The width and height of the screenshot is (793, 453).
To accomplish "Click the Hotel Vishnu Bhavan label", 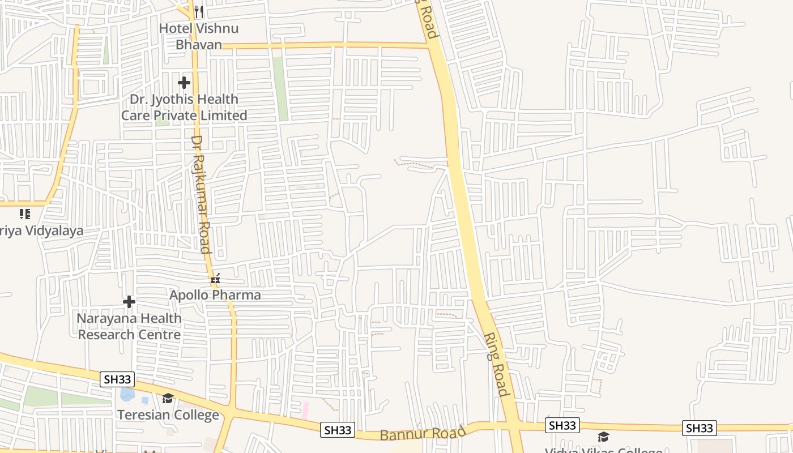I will pos(198,36).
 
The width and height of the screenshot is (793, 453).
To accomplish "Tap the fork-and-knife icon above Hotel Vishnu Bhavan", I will pos(199,11).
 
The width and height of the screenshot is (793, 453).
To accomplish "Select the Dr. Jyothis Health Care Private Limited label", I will pos(184,107).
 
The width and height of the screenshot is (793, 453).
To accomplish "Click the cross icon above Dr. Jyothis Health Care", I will pos(184,83).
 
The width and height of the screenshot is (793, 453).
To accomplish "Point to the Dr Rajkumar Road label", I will pos(201,194).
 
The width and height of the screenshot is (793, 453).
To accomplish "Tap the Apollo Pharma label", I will pos(215,295).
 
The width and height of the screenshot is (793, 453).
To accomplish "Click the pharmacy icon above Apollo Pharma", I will pos(215,278).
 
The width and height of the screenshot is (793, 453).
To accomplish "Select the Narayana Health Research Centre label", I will pos(129,326).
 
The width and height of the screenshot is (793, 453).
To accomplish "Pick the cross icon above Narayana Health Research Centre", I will pos(129,302).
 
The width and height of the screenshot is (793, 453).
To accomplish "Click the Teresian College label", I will pos(168,415).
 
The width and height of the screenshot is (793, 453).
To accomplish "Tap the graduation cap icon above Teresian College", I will pos(168,399).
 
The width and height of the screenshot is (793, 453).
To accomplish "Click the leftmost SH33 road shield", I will pos(117,379).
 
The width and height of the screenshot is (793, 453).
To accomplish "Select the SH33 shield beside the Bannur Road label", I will pos(338,430).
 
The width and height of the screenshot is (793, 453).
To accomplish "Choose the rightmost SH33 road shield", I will pos(699,428).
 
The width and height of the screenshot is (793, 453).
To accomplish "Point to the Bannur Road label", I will pos(423,434).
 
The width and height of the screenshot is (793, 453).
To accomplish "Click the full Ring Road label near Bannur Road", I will pos(496,364).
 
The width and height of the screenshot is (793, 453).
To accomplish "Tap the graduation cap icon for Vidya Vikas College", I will pos(604,437).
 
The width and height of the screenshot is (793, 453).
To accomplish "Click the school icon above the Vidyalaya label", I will pos(24,214).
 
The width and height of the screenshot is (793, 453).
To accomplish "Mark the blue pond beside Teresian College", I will pos(127,394).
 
